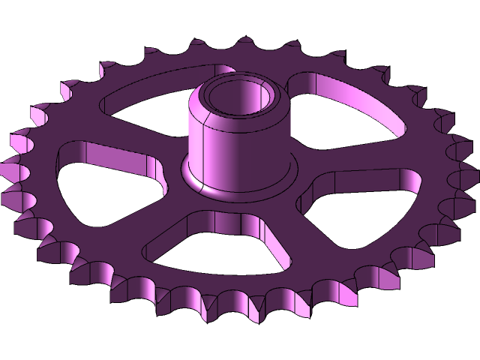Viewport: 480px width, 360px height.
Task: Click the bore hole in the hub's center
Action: [238, 99]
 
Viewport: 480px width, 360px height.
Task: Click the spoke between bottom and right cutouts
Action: [300, 240]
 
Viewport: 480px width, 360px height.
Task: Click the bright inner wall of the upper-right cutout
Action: [352, 101]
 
